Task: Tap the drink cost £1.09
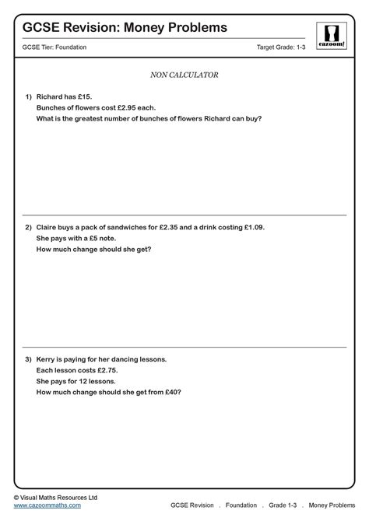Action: pos(252,227)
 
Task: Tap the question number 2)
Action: pos(27,227)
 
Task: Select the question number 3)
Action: pos(27,359)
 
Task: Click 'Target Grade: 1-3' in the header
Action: pos(283,47)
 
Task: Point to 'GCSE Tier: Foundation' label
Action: pos(54,47)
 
